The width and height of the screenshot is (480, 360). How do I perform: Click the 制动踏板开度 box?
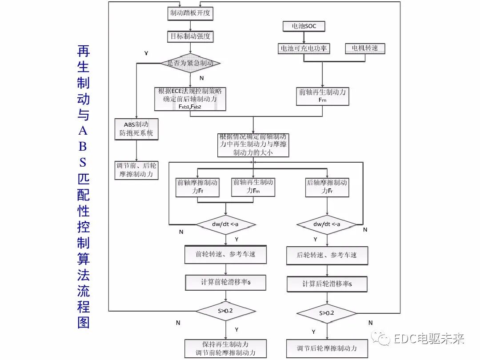pos(190,14)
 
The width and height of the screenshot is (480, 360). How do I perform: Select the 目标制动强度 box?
pos(190,36)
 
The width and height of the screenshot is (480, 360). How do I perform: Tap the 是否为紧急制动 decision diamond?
pos(190,63)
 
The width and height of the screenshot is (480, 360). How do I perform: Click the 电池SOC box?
pos(304,27)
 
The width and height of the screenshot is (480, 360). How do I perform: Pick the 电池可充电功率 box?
pos(304,48)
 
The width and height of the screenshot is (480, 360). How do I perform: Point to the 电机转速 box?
pos(365,48)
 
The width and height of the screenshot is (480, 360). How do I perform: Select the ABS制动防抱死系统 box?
pos(136,129)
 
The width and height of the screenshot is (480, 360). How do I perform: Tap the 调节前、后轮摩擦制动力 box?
pos(136,170)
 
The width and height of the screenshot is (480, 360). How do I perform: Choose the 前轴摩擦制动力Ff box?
pos(197,187)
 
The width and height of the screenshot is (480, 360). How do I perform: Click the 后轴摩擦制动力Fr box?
pos(327,187)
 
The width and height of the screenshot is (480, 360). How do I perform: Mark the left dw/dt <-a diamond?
pos(226,224)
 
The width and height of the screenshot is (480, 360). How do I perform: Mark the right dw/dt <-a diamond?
pos(327,224)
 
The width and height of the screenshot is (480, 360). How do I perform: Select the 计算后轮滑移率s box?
pos(327,284)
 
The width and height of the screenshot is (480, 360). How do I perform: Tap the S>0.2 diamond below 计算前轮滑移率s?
pos(226,311)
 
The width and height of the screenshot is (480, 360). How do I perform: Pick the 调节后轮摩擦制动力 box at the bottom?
pos(327,348)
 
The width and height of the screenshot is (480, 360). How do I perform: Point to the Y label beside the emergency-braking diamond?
pos(146,53)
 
